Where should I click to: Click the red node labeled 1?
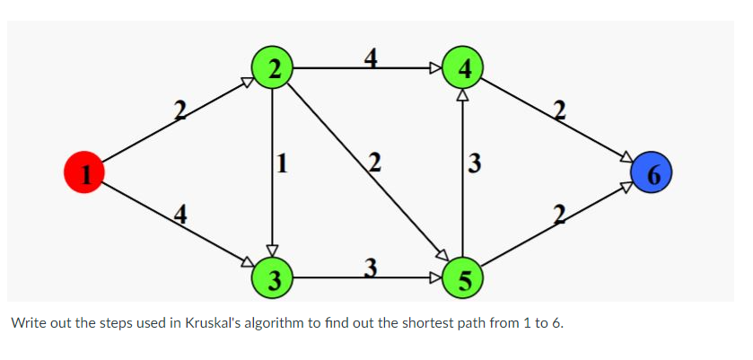point(83,171)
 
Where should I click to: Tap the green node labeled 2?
point(273,67)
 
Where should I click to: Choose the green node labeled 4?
point(463,67)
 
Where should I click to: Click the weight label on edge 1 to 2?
point(179,111)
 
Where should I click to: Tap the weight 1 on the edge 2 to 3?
point(284,163)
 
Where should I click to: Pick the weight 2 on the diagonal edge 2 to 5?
point(375,163)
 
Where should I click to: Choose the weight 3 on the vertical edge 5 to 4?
point(475,163)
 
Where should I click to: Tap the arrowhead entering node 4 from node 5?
point(463,92)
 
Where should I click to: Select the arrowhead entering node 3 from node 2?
point(273,251)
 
